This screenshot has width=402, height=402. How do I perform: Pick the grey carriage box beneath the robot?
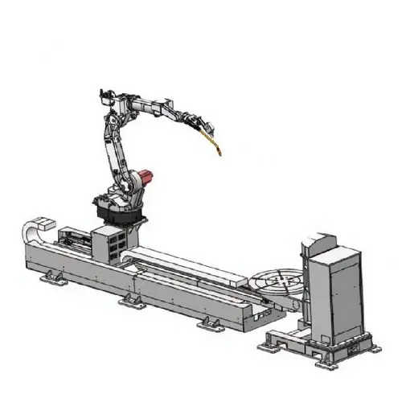click(x=108, y=240)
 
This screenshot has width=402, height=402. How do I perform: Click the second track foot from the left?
click(x=129, y=301)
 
